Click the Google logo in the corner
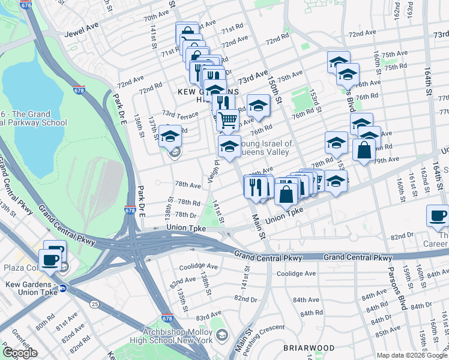(x=20, y=353)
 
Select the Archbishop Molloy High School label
(x=178, y=336)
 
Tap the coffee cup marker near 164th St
(x=438, y=216)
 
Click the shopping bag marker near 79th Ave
(x=364, y=151)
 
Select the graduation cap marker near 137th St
(x=170, y=137)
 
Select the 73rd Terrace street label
(x=179, y=114)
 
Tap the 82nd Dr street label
(x=246, y=298)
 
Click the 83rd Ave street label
(x=209, y=316)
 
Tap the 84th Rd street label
(x=312, y=313)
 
